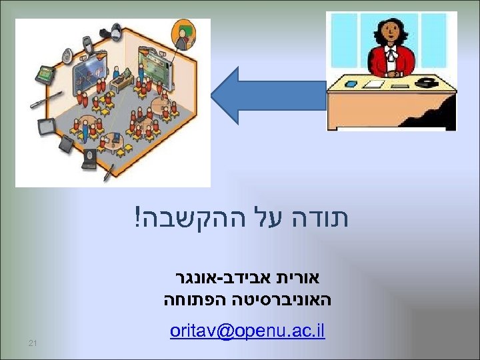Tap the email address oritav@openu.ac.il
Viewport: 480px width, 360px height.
247,331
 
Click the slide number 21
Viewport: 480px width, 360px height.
32,343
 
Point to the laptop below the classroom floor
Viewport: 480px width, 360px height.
67,144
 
